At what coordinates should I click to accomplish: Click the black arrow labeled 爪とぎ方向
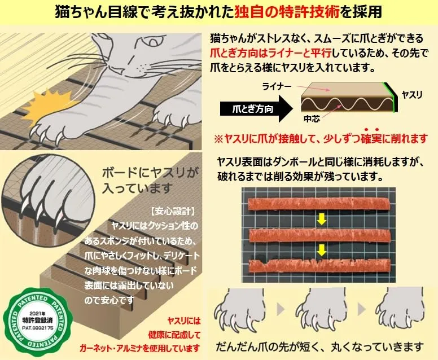(256, 109)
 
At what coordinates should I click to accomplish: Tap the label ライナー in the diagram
(277, 86)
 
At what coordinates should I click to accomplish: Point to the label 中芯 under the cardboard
(312, 119)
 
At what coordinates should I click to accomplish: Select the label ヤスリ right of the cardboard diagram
(411, 95)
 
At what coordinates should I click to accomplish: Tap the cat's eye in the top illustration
(153, 42)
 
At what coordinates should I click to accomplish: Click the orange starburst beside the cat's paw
(50, 108)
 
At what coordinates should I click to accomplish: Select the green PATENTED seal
(38, 322)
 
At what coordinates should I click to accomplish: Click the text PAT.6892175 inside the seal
(38, 328)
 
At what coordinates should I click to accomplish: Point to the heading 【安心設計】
(173, 211)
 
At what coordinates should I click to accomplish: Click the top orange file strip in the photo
(319, 205)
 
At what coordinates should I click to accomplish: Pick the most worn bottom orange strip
(319, 266)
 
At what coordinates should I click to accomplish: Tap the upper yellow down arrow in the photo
(322, 219)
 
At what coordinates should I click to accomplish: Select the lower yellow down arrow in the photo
(322, 250)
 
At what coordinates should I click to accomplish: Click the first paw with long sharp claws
(240, 309)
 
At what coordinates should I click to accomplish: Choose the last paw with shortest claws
(401, 309)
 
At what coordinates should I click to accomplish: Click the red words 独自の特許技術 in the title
(287, 12)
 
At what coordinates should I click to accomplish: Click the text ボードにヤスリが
(150, 173)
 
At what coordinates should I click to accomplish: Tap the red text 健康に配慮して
(174, 334)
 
